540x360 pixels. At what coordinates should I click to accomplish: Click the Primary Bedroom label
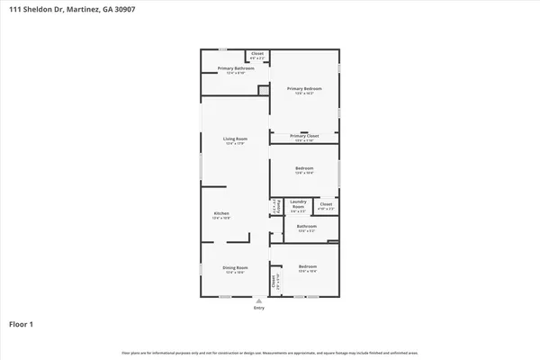(x=304, y=89)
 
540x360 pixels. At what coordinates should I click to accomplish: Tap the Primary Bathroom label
(x=236, y=68)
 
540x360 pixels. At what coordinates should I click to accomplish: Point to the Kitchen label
(x=220, y=214)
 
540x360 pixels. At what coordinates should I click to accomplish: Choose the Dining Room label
(x=236, y=267)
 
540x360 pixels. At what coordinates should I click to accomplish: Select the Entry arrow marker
(x=259, y=301)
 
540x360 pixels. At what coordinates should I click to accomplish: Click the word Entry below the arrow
(x=259, y=308)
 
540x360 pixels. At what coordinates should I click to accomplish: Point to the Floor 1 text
(x=22, y=323)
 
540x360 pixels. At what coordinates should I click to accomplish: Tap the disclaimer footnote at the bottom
(x=269, y=351)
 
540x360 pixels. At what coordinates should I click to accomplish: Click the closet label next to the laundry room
(x=325, y=204)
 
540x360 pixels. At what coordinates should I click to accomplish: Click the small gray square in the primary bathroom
(x=264, y=90)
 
